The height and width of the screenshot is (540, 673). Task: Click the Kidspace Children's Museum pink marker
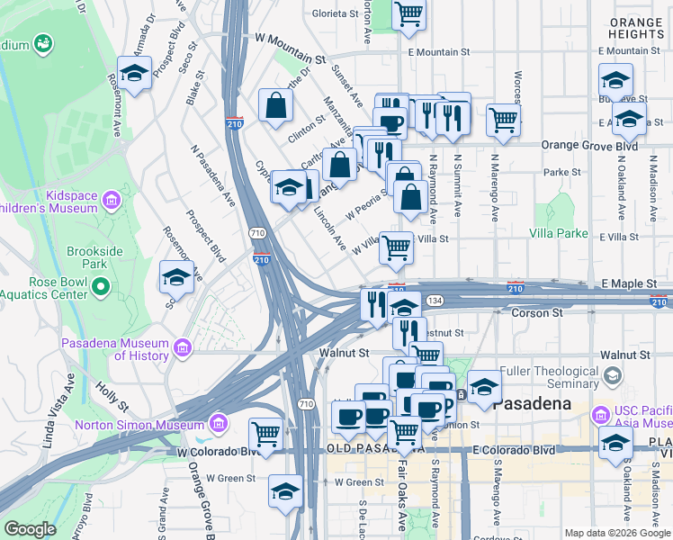[x=111, y=197]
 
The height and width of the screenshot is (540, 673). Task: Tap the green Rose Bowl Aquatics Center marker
[x=100, y=286]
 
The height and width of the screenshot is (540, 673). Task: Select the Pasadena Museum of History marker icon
[x=183, y=346]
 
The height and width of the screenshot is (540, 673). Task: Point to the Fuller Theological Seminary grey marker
[x=614, y=373]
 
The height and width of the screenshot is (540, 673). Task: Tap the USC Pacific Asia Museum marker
[x=600, y=415]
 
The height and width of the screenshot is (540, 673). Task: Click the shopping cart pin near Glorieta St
[x=409, y=14]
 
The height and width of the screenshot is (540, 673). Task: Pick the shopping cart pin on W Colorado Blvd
[x=265, y=434]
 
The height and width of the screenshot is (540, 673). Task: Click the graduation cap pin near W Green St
[x=285, y=491]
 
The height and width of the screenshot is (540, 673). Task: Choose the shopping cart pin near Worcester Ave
[x=504, y=120]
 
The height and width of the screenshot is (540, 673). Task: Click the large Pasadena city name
[x=534, y=403]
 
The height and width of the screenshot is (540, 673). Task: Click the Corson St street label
[x=536, y=313]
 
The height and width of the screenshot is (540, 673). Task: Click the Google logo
[x=30, y=529]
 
